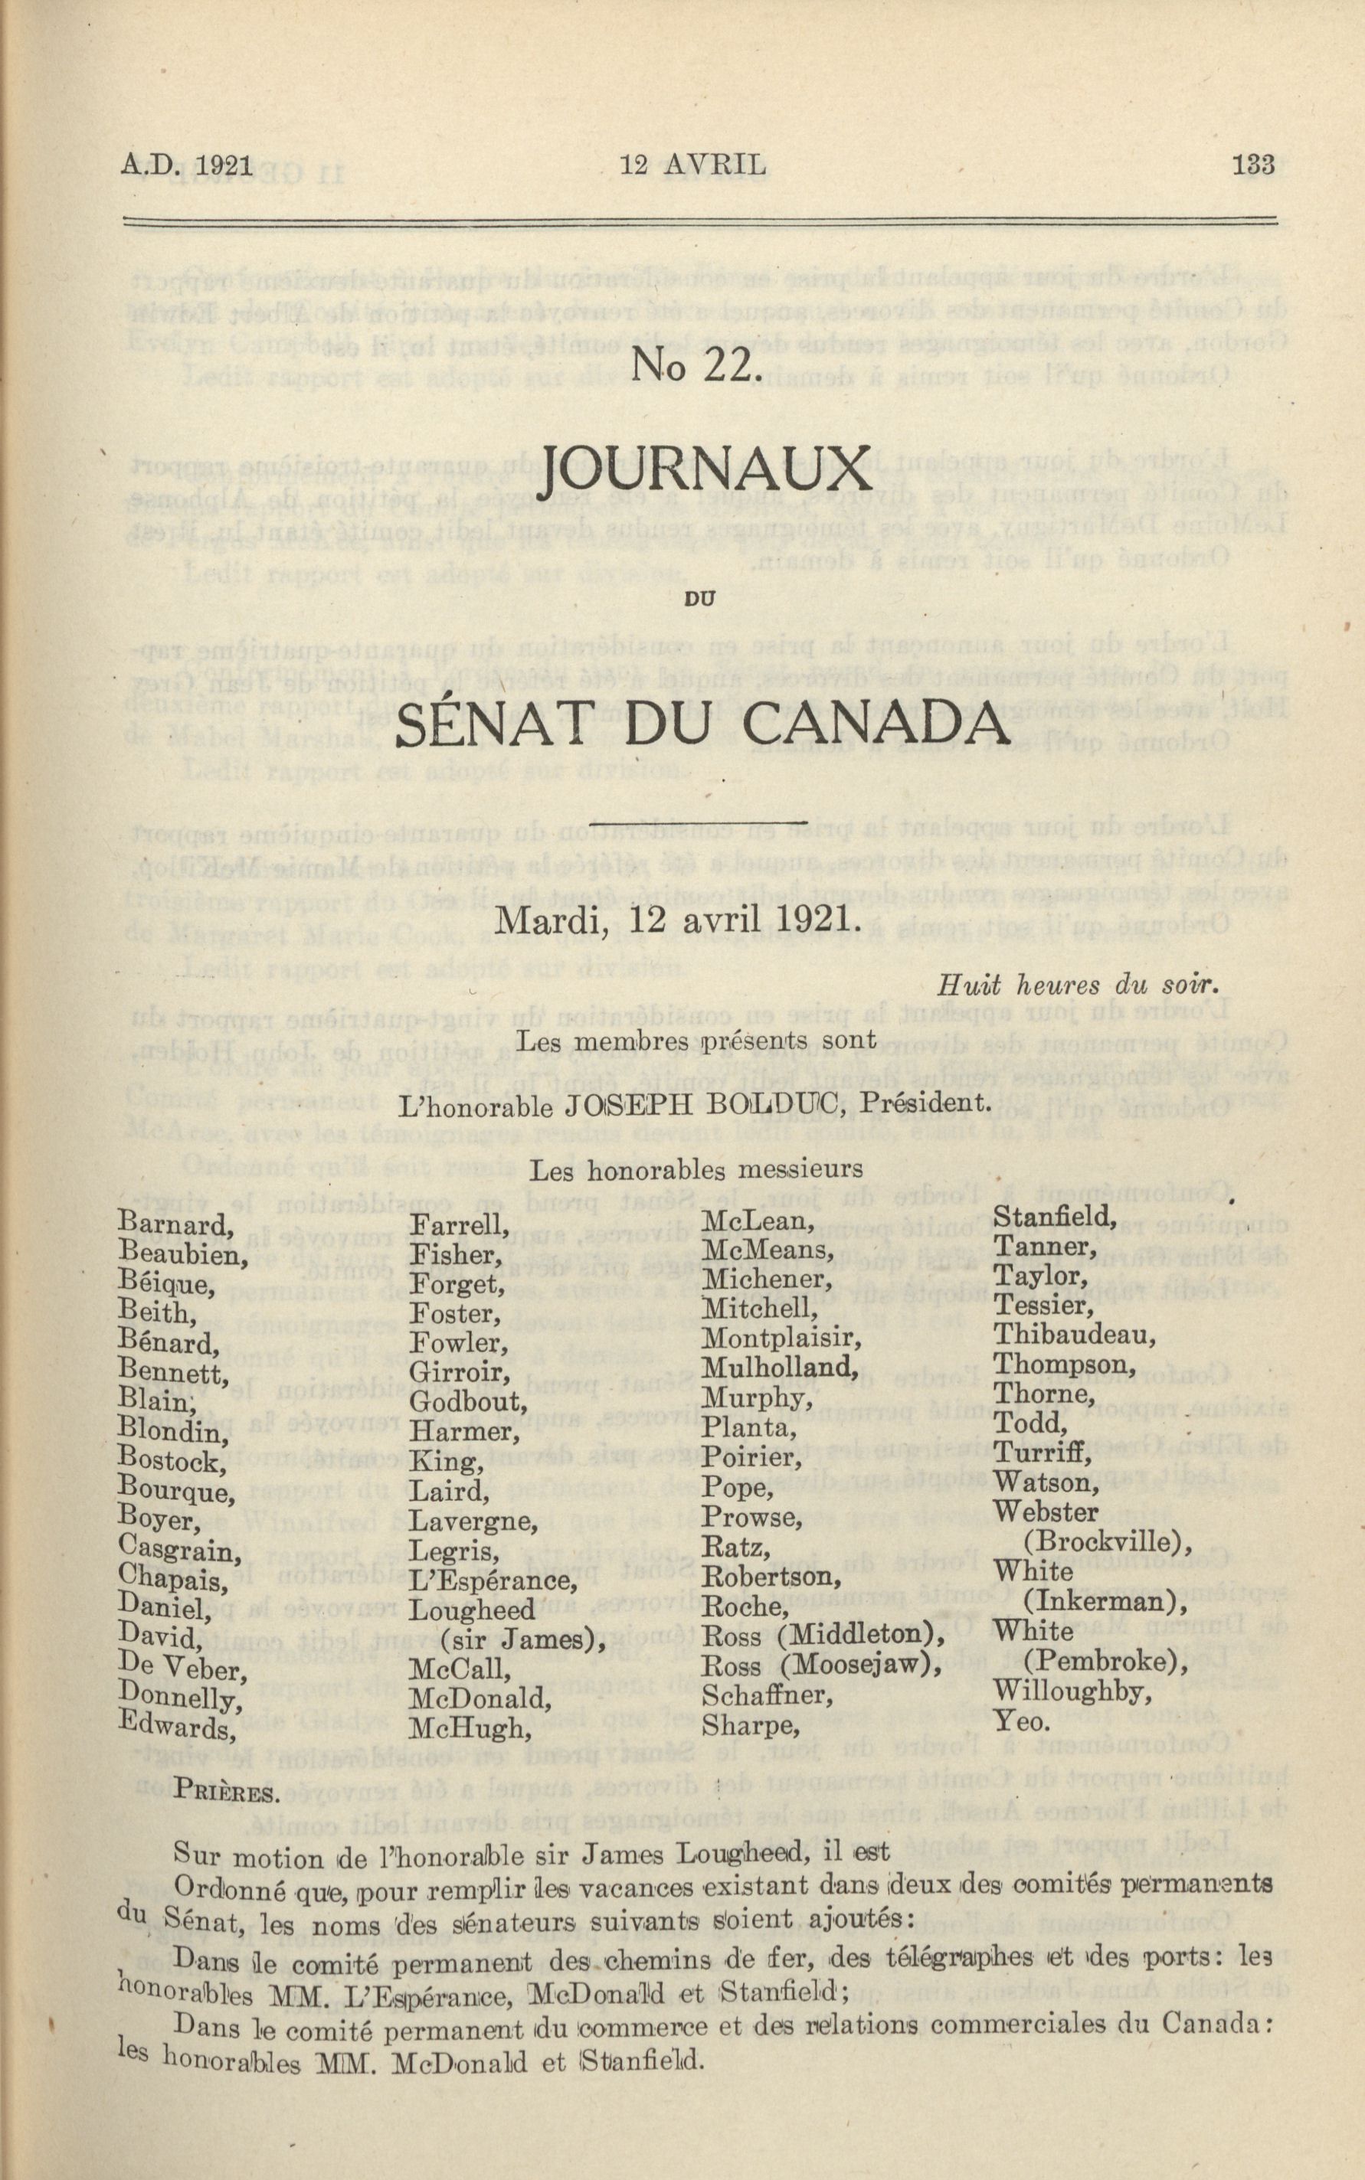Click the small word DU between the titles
699,595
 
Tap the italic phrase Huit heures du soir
1080,985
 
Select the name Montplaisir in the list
782,1338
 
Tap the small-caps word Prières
227,1791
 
